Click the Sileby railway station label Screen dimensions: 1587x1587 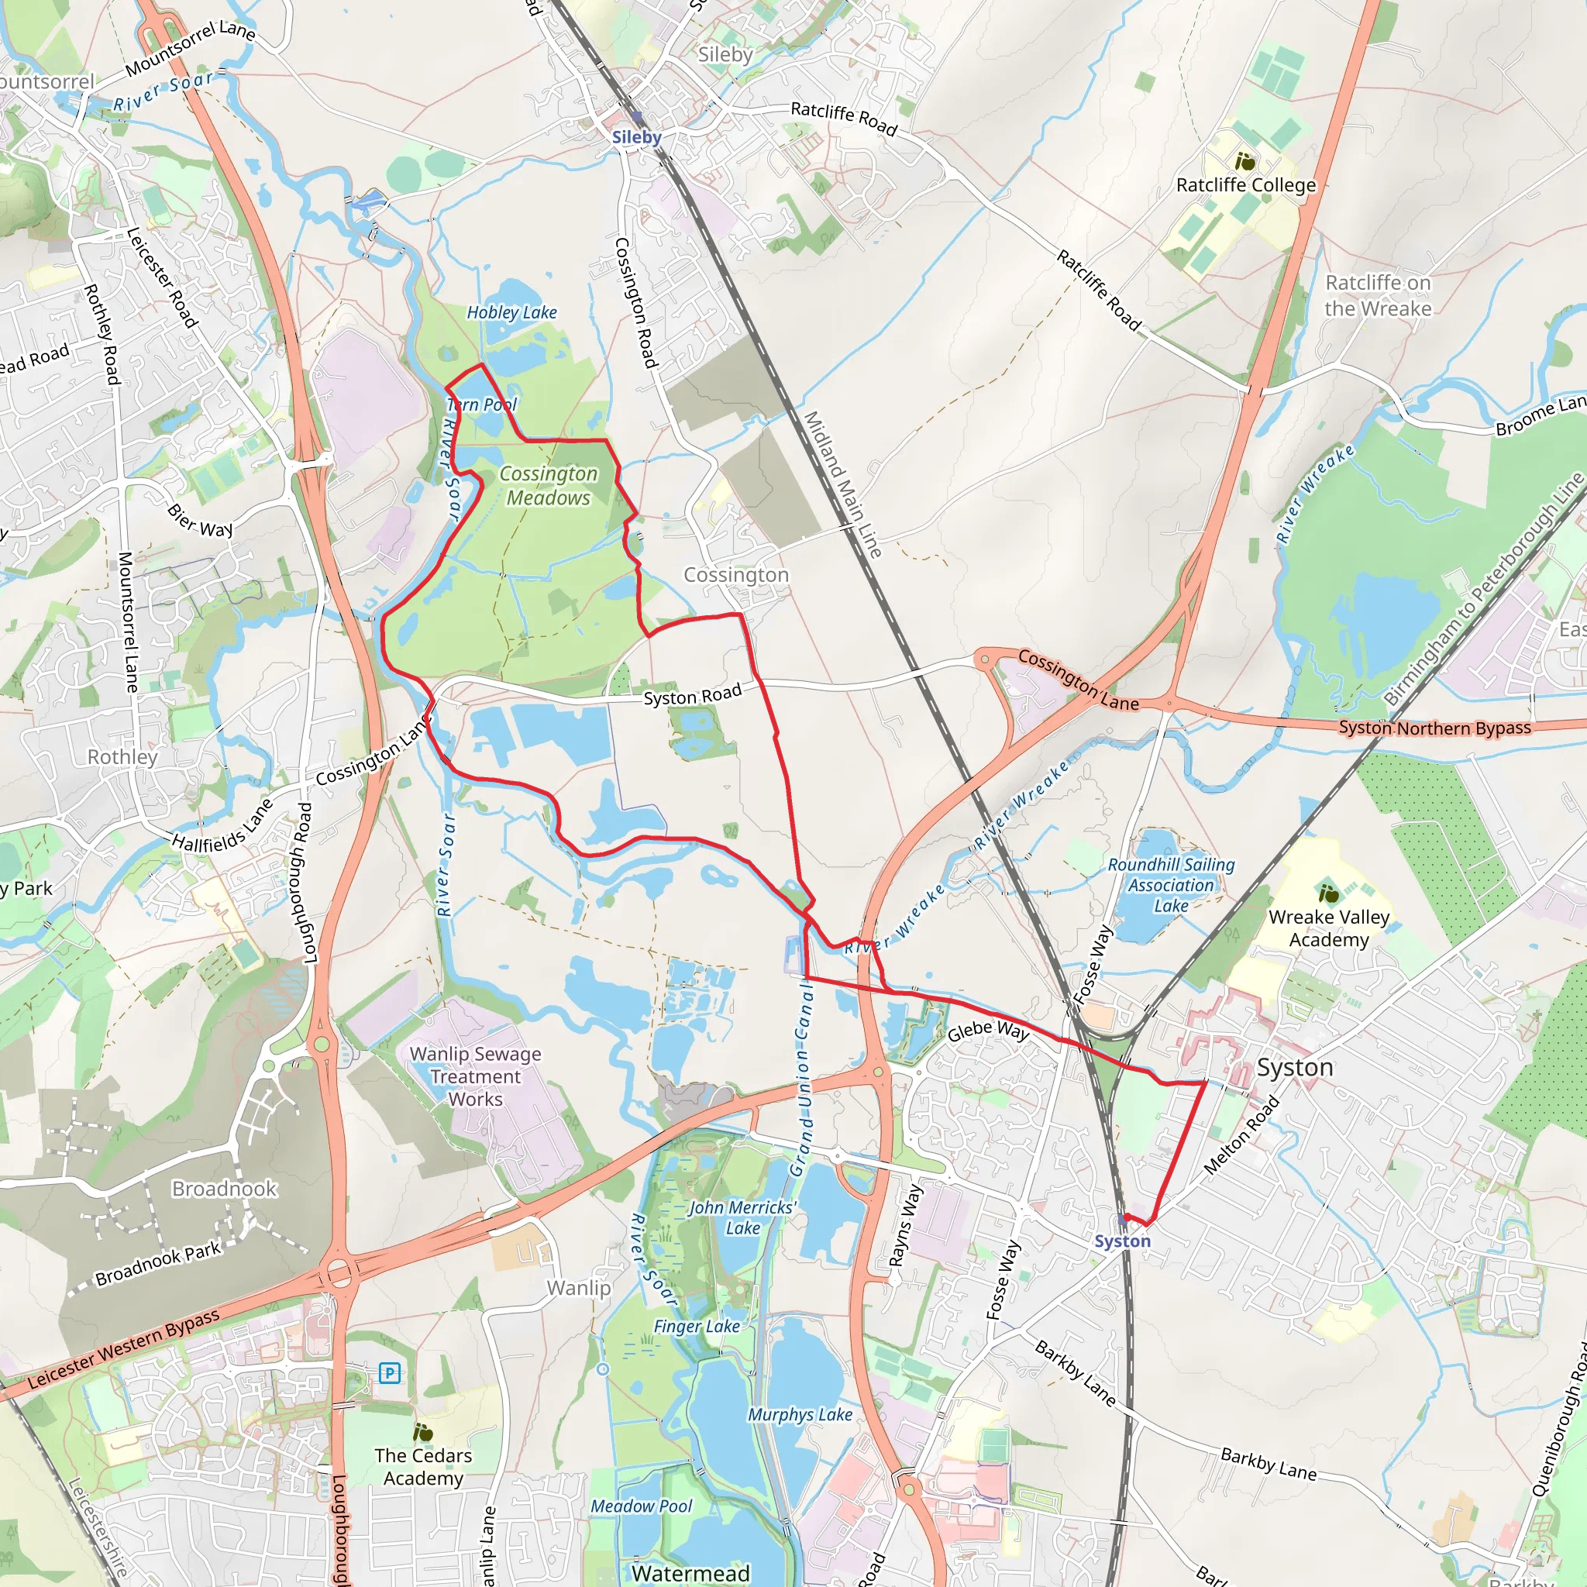[x=637, y=137]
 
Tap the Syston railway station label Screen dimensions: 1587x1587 [x=1122, y=1241]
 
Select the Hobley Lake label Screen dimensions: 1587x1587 [x=511, y=312]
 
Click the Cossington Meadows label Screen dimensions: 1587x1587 [x=549, y=485]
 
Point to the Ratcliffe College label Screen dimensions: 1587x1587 [x=1245, y=185]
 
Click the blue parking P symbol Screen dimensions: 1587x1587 [x=389, y=1372]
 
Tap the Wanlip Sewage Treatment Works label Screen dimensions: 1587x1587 [x=476, y=1076]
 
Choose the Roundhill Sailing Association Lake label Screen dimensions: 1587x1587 [x=1171, y=886]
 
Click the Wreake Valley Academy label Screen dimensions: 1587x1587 [x=1328, y=928]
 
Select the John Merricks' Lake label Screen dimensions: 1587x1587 [x=742, y=1217]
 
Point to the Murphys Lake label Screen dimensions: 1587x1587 [x=799, y=1414]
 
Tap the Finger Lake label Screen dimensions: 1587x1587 [x=697, y=1326]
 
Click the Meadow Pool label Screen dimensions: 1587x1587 [x=642, y=1506]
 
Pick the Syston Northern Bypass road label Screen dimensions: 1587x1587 [x=1434, y=728]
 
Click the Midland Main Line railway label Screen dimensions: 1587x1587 [x=842, y=484]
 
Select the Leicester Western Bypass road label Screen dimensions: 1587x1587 [x=123, y=1350]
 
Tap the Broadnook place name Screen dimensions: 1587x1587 [x=224, y=1189]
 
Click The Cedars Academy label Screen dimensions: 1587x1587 [x=423, y=1466]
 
